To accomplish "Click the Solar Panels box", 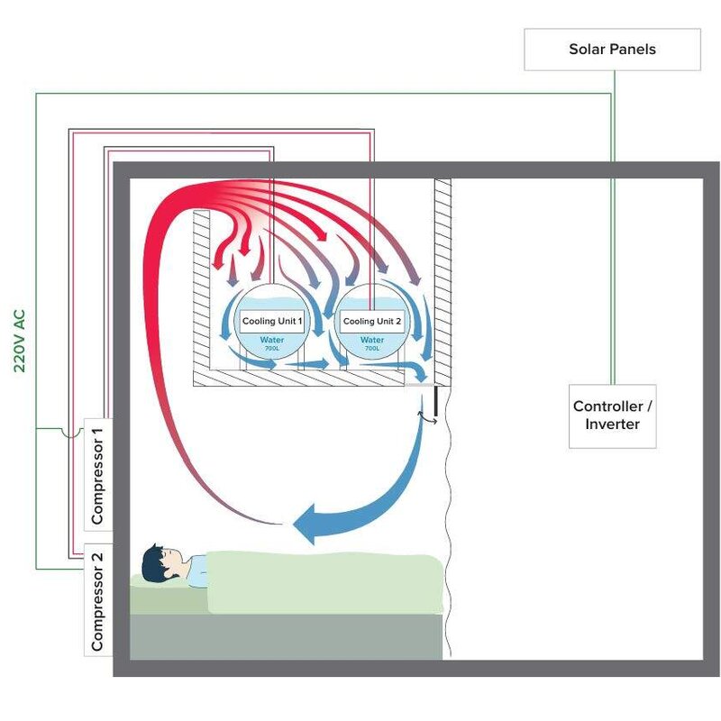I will click(x=612, y=49).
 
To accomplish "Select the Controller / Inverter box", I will click(x=612, y=415).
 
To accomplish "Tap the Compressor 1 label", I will click(x=98, y=474).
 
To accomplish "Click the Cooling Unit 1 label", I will click(x=271, y=322).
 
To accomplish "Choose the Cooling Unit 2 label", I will click(x=371, y=322).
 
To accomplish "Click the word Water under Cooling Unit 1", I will click(x=271, y=340).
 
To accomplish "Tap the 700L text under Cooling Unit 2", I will click(x=371, y=348).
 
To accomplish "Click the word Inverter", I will click(x=612, y=424).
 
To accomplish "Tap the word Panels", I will click(x=634, y=49).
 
